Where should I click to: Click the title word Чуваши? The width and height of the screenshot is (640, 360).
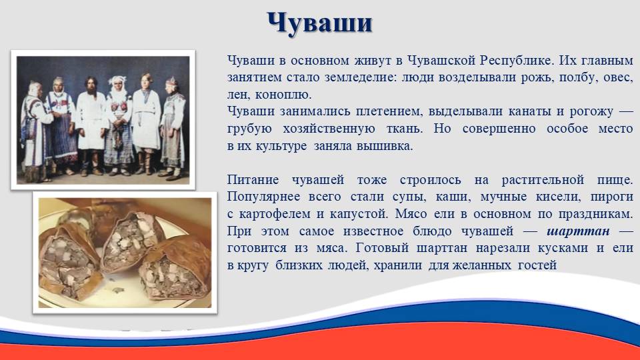point(319,23)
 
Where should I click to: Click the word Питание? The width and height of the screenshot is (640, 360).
point(253,180)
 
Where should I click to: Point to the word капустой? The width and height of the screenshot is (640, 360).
point(357,215)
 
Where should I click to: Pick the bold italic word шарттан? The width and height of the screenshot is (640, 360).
point(578,232)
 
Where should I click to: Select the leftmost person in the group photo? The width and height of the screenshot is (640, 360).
point(36,131)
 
